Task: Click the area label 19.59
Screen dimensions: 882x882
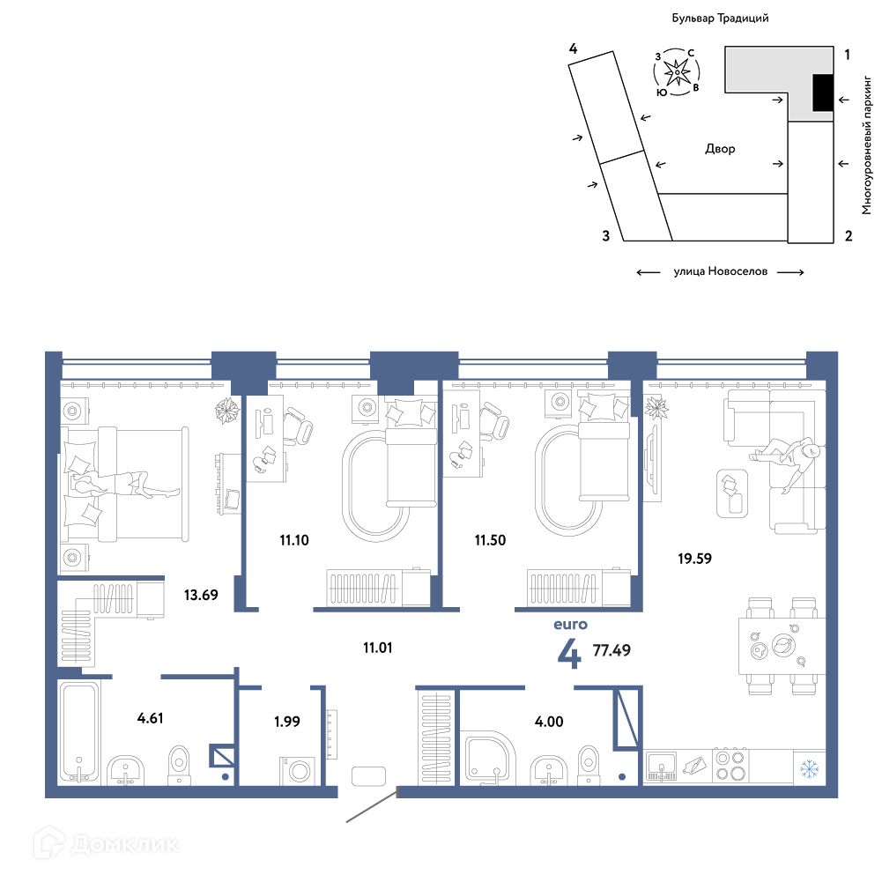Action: (x=694, y=559)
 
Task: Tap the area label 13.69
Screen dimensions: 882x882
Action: (x=201, y=595)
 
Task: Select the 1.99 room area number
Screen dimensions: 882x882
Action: (x=287, y=721)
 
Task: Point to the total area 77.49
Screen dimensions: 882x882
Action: (x=611, y=650)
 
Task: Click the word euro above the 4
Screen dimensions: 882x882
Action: (x=570, y=625)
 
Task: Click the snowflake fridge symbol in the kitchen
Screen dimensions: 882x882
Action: (x=810, y=767)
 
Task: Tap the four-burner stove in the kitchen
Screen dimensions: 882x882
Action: (x=730, y=766)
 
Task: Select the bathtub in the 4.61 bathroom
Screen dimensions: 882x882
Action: (x=78, y=732)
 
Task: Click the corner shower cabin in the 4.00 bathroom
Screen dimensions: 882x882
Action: (x=487, y=757)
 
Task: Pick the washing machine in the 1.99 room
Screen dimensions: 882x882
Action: (x=297, y=770)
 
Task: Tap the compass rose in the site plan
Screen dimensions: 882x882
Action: (x=677, y=72)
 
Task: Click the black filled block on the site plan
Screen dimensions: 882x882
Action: (x=823, y=93)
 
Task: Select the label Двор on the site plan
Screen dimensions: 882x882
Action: (x=720, y=149)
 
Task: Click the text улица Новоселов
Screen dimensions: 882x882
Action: (x=721, y=271)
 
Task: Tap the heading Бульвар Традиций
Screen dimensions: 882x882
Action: (x=720, y=19)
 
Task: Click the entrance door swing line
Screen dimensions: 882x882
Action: (x=372, y=806)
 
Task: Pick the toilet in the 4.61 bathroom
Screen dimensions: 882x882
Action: (x=180, y=765)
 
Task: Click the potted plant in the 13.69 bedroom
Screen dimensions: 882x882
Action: (x=228, y=411)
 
